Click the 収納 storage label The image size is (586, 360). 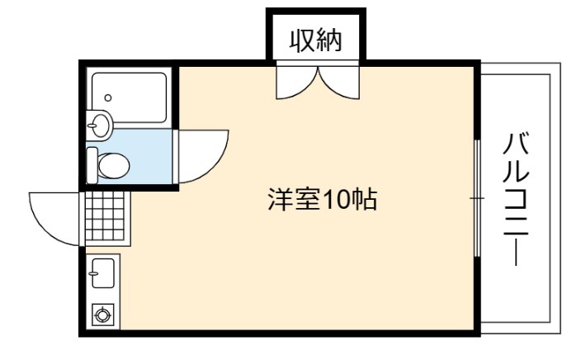coord(316,40)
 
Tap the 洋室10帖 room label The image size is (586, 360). coord(323,199)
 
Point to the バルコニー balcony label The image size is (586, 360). coord(516,199)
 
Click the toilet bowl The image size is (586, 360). coord(114,166)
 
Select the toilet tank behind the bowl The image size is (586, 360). coord(92,165)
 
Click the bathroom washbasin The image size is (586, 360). coord(99,126)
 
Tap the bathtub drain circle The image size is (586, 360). coord(108,98)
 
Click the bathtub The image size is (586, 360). coord(129,97)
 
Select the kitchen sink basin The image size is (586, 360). coord(103,273)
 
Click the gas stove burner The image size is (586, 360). coord(103,315)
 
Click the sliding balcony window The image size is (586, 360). coord(477,198)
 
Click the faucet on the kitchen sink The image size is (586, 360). coord(93,273)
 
